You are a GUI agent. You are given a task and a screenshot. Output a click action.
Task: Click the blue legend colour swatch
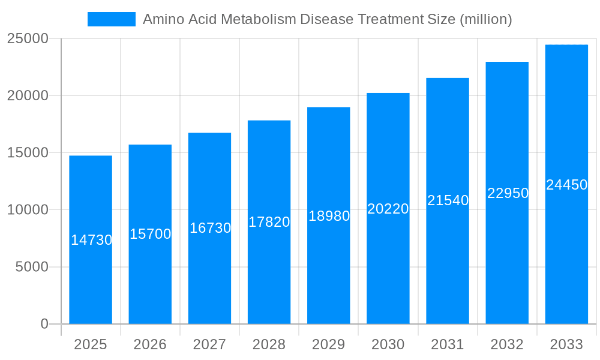coord(112,19)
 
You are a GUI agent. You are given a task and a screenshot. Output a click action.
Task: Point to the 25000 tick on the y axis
coord(28,38)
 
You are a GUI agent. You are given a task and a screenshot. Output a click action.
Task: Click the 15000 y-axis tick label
coord(28,152)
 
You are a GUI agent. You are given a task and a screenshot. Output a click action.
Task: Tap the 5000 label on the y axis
coord(31,267)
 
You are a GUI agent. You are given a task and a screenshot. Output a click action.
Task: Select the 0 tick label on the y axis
coord(44,324)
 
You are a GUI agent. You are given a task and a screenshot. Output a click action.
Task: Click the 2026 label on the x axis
coord(150,344)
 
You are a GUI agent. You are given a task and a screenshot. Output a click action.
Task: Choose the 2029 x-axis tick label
coord(329,344)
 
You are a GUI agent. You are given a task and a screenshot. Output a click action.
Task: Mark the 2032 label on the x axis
coord(507,344)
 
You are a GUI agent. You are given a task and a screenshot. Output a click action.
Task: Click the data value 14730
coord(91,240)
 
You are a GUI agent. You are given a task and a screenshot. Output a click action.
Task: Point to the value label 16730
coord(210,228)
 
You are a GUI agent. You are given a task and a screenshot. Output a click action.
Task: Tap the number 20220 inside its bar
coord(388,209)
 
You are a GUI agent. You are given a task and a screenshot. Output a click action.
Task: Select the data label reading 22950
coord(508,193)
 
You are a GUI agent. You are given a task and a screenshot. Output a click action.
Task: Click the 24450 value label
coord(566,185)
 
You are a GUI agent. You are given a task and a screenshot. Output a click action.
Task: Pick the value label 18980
coord(329,216)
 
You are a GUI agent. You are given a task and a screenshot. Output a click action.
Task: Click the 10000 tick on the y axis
coord(28,210)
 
